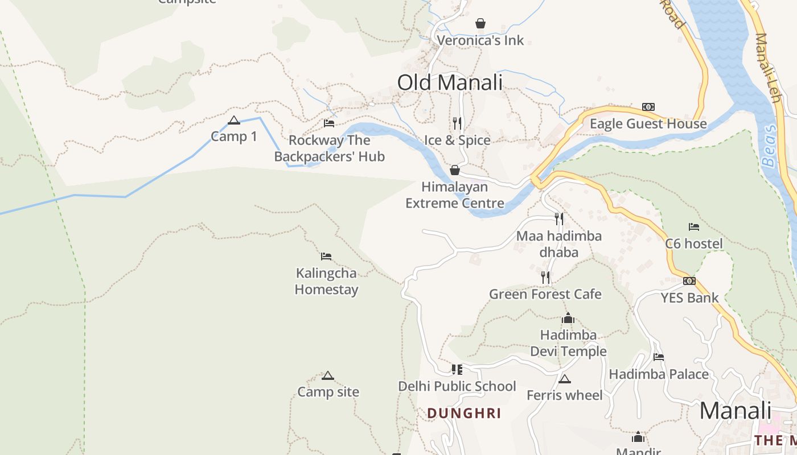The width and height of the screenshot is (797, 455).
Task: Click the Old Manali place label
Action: (450, 82)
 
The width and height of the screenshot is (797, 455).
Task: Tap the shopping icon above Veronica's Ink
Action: (480, 23)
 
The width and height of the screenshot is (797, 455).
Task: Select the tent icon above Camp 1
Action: (233, 120)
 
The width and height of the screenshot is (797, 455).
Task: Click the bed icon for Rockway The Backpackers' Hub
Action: (329, 123)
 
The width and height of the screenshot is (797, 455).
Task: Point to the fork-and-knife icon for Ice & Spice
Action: (457, 123)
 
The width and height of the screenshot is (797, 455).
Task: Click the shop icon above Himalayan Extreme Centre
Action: (455, 170)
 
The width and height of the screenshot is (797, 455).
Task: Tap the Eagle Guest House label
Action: (648, 124)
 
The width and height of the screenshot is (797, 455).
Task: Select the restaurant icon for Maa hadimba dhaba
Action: (559, 218)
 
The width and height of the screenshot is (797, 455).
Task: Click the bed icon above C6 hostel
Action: (694, 227)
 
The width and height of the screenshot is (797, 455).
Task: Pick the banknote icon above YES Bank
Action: (689, 281)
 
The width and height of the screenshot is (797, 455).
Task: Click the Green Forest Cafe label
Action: (545, 294)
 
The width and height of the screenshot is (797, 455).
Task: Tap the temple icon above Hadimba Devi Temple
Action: (568, 318)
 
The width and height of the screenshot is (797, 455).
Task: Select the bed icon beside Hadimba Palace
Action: (659, 357)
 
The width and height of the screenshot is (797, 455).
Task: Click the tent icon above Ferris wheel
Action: (564, 379)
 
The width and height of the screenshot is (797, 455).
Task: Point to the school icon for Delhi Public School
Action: (457, 370)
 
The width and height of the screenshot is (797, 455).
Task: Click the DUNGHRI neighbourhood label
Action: (464, 413)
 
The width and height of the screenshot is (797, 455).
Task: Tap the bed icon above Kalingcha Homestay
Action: (326, 257)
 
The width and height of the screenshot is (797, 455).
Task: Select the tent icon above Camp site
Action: (327, 376)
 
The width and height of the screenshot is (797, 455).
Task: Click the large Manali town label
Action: (735, 411)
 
